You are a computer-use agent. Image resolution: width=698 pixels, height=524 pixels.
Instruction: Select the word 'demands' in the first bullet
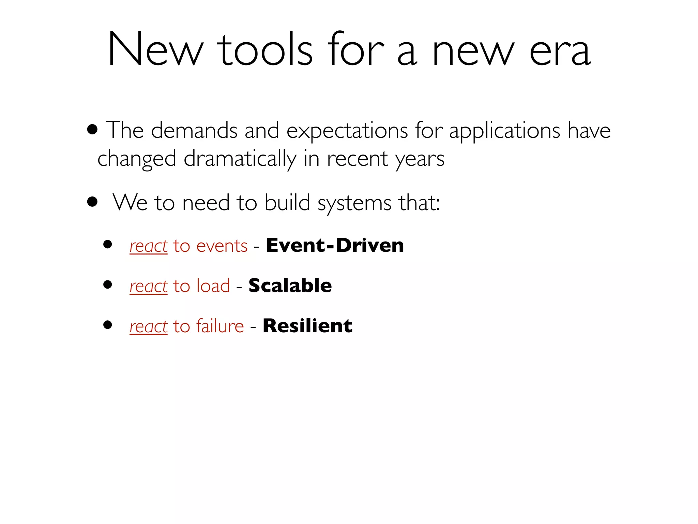(194, 130)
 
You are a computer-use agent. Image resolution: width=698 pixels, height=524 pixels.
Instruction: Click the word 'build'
(287, 203)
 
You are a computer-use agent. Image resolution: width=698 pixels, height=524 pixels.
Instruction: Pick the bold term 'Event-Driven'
(335, 245)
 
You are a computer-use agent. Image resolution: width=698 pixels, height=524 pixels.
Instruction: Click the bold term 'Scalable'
(290, 286)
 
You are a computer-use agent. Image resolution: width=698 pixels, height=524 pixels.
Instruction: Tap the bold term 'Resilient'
(307, 326)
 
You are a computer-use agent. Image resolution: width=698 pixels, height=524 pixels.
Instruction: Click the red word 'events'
(222, 246)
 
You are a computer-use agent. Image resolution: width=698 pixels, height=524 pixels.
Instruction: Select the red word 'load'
(213, 286)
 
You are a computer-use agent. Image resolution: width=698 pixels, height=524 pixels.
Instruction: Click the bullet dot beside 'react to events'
(108, 244)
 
